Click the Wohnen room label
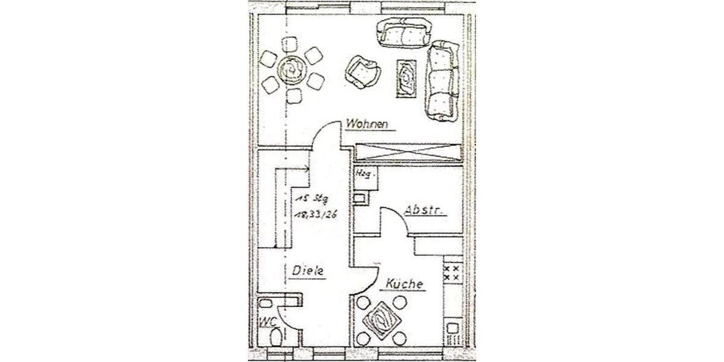(x=370, y=124)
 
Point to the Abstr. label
(x=425, y=211)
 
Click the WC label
(x=268, y=322)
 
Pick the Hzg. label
(x=364, y=174)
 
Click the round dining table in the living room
(x=291, y=71)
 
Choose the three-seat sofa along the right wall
(x=444, y=80)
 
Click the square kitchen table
(x=380, y=318)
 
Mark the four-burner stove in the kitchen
(x=451, y=271)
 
